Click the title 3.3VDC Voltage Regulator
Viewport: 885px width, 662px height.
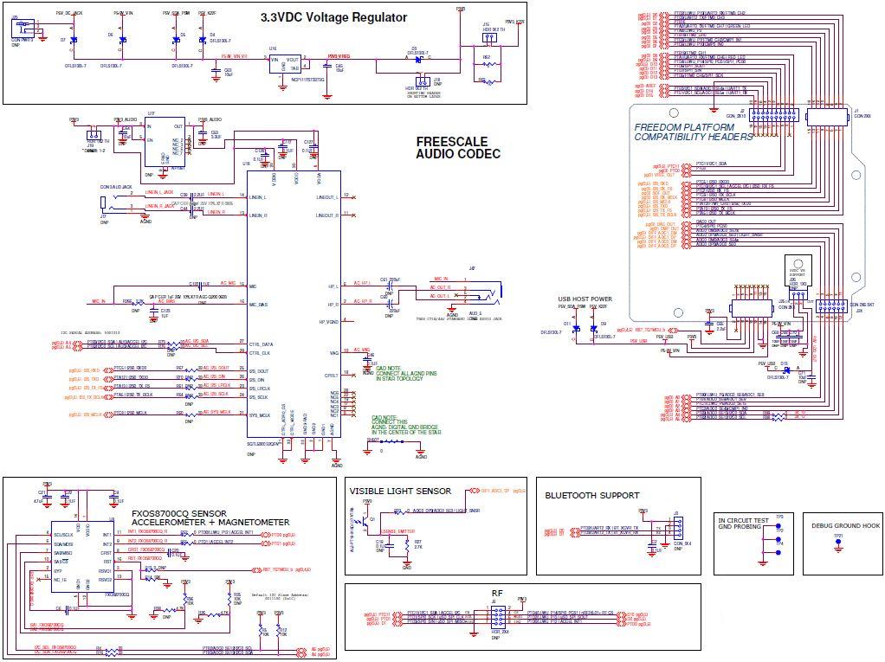click(x=333, y=17)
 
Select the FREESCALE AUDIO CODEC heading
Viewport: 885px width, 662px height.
click(x=458, y=147)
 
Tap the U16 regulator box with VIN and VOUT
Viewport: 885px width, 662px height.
click(x=284, y=64)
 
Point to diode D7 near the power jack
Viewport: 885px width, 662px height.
click(x=74, y=40)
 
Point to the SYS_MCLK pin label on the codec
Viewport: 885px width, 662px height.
click(x=262, y=415)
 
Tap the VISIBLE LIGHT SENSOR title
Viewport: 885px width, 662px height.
click(x=398, y=491)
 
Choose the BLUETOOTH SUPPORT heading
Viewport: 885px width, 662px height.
click(x=591, y=496)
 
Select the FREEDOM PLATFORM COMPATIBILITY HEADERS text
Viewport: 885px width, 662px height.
click(x=693, y=132)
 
